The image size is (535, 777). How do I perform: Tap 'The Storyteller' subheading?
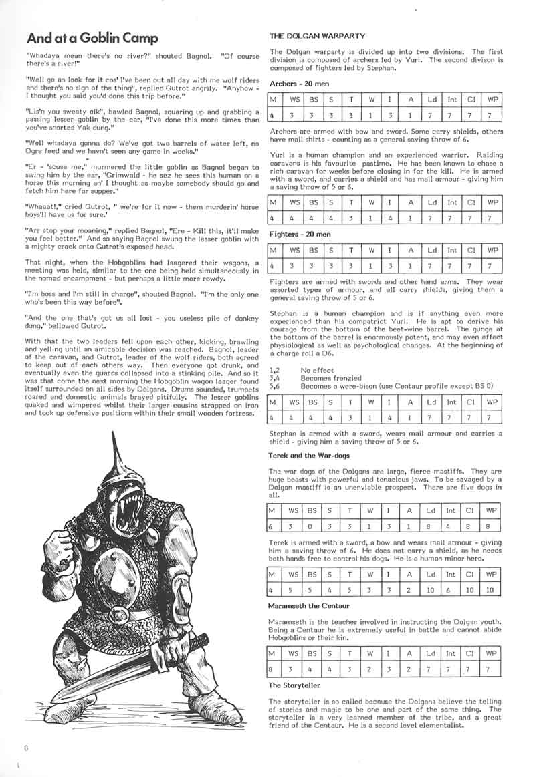coord(294,685)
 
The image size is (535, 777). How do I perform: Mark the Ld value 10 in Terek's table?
coord(431,590)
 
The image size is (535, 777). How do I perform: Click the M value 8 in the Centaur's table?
coord(272,669)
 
